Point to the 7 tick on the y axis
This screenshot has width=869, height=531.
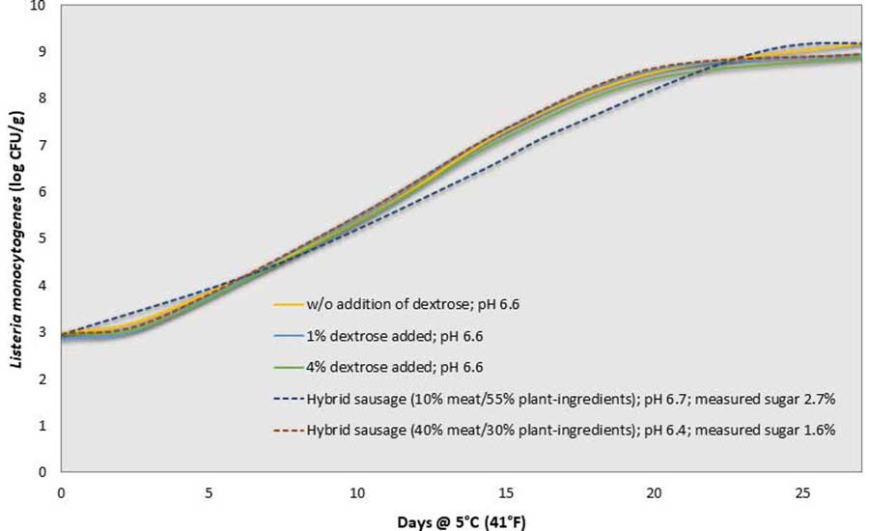point(42,145)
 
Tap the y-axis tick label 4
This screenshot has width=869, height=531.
point(42,285)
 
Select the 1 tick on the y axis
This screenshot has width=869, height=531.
point(42,425)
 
